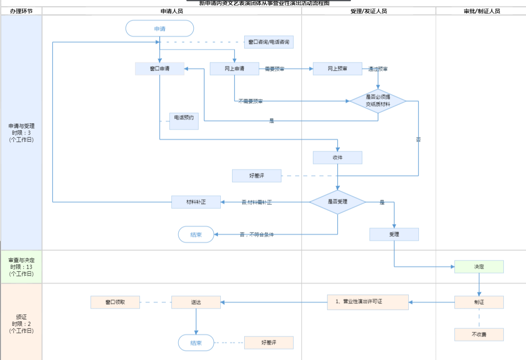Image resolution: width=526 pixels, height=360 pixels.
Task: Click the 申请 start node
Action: tap(160, 29)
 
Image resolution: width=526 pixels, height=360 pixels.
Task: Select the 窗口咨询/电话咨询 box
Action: tap(268, 42)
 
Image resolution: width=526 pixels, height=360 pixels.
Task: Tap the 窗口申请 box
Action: tap(160, 69)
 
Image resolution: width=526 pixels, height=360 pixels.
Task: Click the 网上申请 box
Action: tap(234, 69)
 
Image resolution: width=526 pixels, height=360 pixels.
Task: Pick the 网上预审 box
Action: tap(337, 69)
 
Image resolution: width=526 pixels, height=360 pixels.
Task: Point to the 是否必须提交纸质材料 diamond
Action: tap(378, 101)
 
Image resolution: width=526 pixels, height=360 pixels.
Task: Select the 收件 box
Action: tap(337, 158)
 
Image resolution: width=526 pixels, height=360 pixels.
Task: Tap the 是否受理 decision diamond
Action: tap(337, 202)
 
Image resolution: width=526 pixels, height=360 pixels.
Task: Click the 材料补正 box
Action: tap(196, 202)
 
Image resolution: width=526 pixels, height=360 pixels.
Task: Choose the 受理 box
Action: tap(394, 234)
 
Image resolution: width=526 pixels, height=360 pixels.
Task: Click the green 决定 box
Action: tap(479, 267)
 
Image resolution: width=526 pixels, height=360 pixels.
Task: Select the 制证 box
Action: tap(479, 302)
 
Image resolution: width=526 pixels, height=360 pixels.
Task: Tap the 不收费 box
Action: tap(479, 335)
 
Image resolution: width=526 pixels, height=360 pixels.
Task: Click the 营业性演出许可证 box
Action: tap(368, 302)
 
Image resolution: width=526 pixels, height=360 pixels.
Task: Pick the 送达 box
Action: tap(196, 302)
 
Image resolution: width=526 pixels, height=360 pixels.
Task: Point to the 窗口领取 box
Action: tap(115, 302)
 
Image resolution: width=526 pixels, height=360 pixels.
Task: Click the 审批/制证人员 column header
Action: tap(482, 11)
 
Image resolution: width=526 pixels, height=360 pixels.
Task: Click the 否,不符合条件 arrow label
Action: tap(256, 234)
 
